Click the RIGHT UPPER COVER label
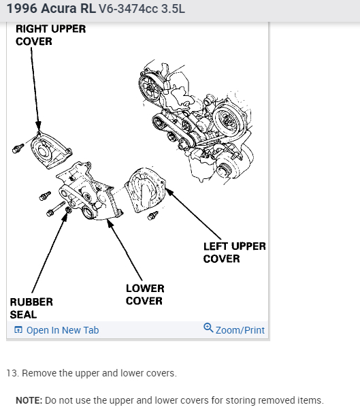(50, 35)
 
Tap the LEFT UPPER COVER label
(234, 253)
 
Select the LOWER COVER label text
(145, 294)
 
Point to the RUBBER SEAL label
(31, 308)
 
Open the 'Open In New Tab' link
(63, 330)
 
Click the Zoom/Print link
(240, 330)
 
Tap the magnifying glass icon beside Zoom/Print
(208, 328)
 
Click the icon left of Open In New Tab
(18, 329)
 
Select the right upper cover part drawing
(51, 150)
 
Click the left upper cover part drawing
(146, 190)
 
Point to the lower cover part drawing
(89, 191)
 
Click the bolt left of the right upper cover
(18, 148)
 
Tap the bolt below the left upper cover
(153, 215)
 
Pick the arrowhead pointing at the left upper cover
(169, 192)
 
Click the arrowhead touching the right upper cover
(38, 126)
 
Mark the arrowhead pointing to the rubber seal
(65, 217)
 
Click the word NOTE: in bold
(29, 400)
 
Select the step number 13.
(12, 373)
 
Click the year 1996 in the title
(22, 8)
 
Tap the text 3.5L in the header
(173, 9)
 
